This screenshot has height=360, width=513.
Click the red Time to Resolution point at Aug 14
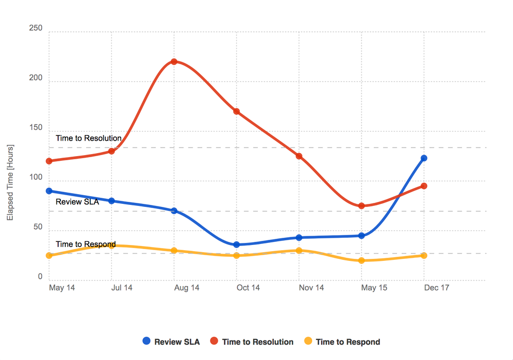174,62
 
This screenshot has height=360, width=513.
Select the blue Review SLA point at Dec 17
424,158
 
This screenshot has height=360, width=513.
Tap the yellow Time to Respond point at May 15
362,260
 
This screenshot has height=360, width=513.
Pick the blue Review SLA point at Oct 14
236,244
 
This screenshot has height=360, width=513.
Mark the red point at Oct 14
236,111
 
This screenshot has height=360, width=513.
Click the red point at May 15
362,206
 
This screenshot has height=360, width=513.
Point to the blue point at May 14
49,191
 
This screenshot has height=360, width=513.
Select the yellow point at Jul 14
111,245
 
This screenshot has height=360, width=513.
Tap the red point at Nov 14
299,156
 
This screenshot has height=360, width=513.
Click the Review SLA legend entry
172,342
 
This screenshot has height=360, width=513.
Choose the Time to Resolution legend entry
252,342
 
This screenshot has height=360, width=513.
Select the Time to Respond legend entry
342,342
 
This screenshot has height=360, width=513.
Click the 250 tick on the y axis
36,29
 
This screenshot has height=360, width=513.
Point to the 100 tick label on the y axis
36,177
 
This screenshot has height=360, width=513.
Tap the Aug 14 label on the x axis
186,288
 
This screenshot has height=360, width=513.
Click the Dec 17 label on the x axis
436,288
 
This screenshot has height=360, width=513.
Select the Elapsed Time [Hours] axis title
10,183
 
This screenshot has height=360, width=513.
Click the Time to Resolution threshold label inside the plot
88,138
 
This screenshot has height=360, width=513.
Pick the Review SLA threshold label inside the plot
77,202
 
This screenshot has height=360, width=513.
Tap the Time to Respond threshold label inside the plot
85,244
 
